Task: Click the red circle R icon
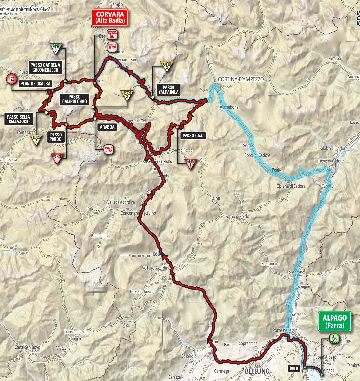10,80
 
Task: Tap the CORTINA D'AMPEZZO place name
240,79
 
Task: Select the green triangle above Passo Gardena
56,49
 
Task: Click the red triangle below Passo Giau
191,163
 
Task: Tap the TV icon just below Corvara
112,47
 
